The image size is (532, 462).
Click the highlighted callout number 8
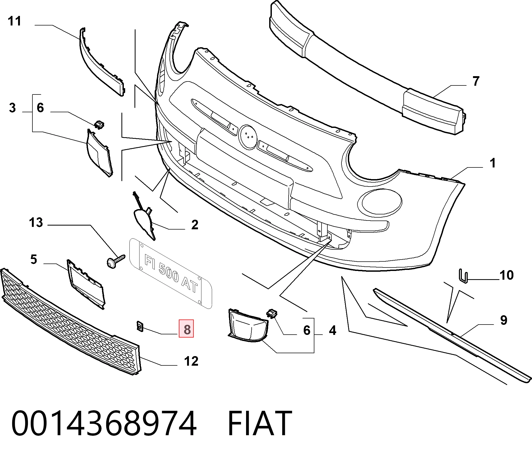pyautogui.click(x=187, y=329)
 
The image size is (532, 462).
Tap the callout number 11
pyautogui.click(x=14, y=21)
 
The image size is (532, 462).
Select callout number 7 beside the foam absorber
pyautogui.click(x=476, y=81)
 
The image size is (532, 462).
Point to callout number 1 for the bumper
pyautogui.click(x=492, y=163)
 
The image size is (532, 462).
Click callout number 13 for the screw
pyautogui.click(x=36, y=222)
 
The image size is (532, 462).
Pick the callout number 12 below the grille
pyautogui.click(x=191, y=361)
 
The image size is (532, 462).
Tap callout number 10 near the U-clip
pyautogui.click(x=506, y=275)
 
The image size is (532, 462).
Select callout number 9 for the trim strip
pyautogui.click(x=504, y=320)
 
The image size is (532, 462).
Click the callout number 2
pyautogui.click(x=195, y=225)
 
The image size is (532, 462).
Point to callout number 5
pyautogui.click(x=33, y=259)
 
